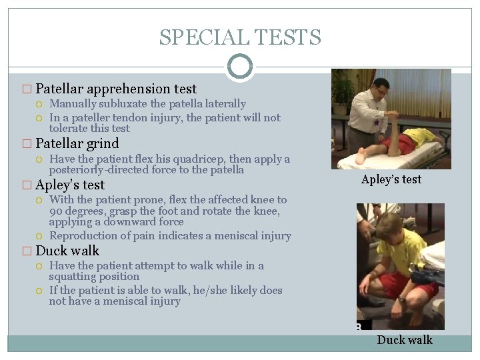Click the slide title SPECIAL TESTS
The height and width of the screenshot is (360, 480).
pyautogui.click(x=240, y=37)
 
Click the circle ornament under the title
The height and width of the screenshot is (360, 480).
pyautogui.click(x=240, y=67)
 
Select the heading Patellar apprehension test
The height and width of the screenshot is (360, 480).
pyautogui.click(x=116, y=89)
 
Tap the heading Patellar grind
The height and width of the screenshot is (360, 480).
pyautogui.click(x=77, y=143)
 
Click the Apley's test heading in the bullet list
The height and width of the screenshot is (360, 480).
pyautogui.click(x=70, y=185)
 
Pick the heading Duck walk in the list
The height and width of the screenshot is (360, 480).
pyautogui.click(x=67, y=251)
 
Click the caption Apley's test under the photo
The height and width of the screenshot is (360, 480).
pyautogui.click(x=391, y=179)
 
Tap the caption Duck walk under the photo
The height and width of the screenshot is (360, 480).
pyautogui.click(x=405, y=340)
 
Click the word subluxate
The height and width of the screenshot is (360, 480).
pyautogui.click(x=123, y=104)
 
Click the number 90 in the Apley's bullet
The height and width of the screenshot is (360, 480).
pyautogui.click(x=55, y=211)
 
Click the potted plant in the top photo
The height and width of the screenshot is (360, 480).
pyautogui.click(x=344, y=90)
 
